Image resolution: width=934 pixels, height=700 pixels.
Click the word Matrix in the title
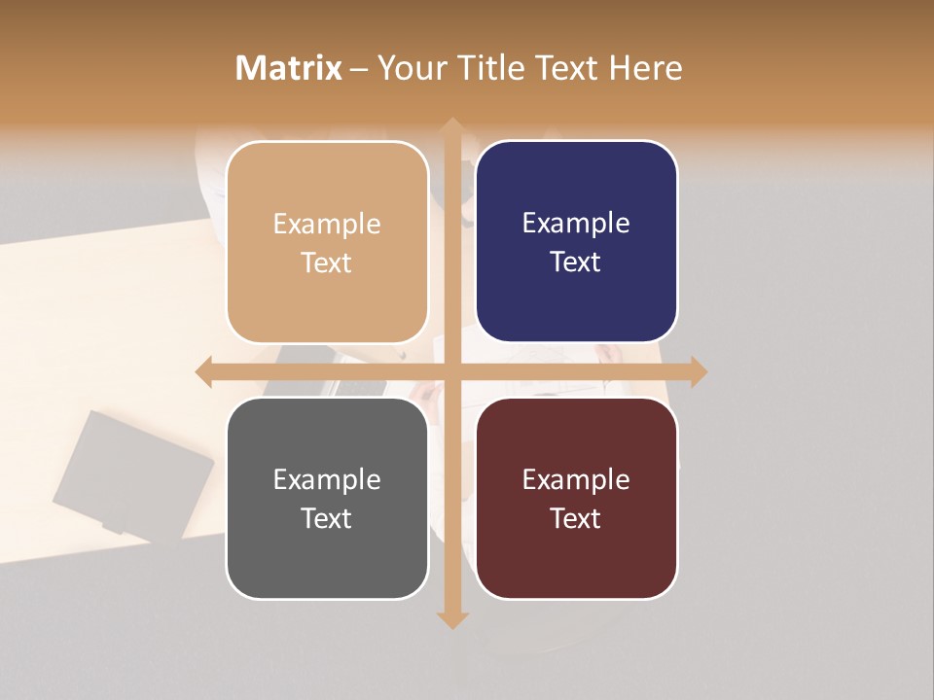(289, 68)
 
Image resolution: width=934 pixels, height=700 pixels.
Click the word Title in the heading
(488, 68)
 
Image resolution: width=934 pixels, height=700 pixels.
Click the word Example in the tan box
(327, 225)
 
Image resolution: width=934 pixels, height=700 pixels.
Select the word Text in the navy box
(576, 262)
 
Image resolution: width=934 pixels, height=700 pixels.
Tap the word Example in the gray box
(327, 480)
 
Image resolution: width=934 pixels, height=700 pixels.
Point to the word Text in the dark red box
(576, 518)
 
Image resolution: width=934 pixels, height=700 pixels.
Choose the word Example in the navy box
(576, 224)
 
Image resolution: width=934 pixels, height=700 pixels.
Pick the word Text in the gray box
(327, 518)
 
